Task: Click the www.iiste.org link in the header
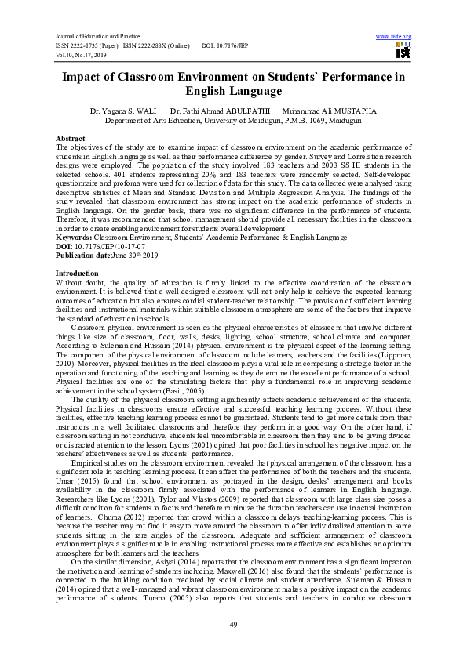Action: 394,37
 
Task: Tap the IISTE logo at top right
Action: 403,51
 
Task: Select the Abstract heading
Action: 70,138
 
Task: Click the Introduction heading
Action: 78,273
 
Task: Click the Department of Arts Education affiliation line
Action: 233,121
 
